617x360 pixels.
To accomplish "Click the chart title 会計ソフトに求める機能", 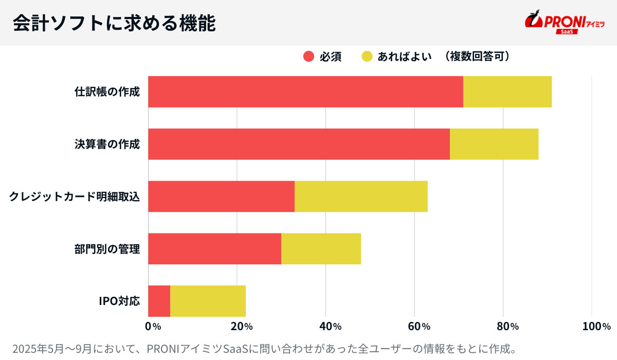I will [x=114, y=23].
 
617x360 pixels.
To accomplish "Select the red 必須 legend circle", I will [x=308, y=57].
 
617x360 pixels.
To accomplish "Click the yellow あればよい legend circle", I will [x=367, y=57].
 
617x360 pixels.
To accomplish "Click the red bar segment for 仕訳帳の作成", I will [x=305, y=92].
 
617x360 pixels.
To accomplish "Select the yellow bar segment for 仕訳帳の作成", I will [x=507, y=92].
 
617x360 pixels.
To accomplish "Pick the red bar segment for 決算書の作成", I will [x=299, y=144].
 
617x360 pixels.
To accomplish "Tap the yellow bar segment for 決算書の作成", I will [x=494, y=144].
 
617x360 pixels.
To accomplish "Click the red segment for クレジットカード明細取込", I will [x=221, y=196].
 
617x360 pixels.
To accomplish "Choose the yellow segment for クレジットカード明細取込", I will [x=361, y=196].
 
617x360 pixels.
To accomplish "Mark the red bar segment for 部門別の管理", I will [x=214, y=249].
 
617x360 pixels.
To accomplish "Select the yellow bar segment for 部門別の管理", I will [x=321, y=249].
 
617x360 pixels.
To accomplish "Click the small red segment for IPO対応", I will [x=159, y=301].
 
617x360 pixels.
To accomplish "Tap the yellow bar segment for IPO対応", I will [x=208, y=301].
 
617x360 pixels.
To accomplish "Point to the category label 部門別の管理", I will [x=107, y=249].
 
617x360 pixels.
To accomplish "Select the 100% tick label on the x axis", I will [x=596, y=327].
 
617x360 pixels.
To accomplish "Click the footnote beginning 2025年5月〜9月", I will [x=263, y=348].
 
